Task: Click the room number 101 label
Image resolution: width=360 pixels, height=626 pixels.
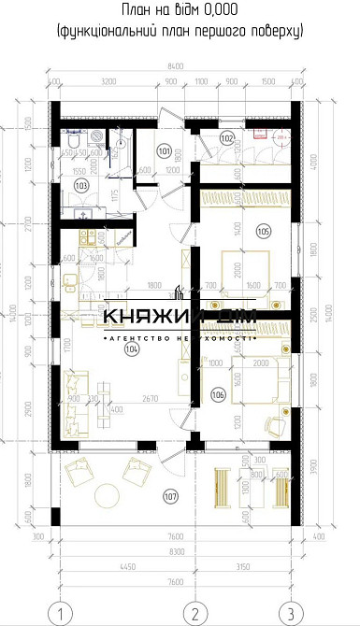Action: click(x=165, y=150)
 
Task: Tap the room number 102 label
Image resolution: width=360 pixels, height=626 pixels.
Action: click(x=227, y=138)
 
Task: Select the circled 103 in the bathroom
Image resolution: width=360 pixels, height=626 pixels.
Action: click(x=81, y=186)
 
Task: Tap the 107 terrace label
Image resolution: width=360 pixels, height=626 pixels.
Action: click(x=169, y=495)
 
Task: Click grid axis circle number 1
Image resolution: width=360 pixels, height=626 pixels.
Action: click(x=61, y=614)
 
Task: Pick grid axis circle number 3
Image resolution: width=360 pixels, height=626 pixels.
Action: click(x=292, y=614)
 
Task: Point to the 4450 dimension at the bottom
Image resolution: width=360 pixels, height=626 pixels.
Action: click(x=128, y=565)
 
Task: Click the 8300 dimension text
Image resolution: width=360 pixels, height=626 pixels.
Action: click(x=175, y=551)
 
